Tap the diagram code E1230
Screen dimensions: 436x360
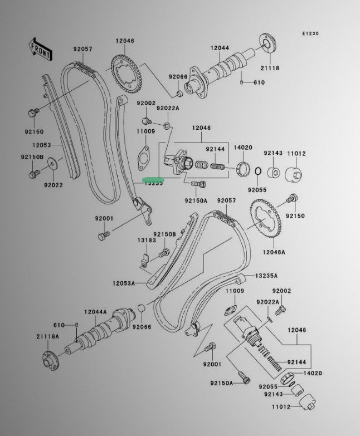(310, 34)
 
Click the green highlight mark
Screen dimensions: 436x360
(152, 179)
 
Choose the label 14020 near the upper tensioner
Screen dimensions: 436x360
(243, 148)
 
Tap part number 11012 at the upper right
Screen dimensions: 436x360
(296, 153)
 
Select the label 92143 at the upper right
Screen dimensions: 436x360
(273, 153)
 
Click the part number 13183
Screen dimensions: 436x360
(147, 240)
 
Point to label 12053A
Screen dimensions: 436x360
(124, 283)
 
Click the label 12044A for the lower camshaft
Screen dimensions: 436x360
(95, 312)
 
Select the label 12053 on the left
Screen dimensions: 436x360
(41, 145)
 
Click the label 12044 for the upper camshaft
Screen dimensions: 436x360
(220, 48)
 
